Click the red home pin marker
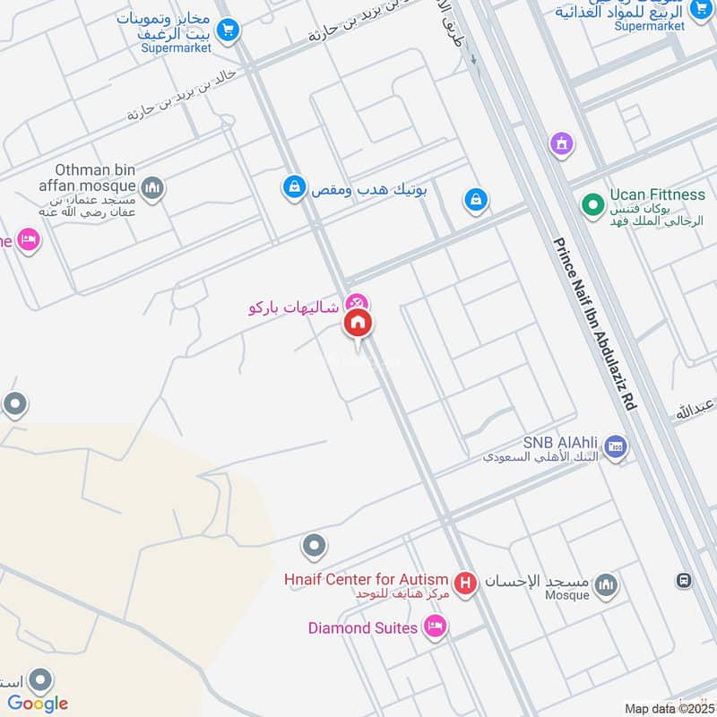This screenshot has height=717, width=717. coord(358,324)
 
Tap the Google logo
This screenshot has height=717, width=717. coord(38,703)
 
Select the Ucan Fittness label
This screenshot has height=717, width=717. coord(657,194)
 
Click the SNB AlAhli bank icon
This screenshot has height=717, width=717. coord(616,446)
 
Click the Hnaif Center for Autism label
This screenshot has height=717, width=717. coord(368,580)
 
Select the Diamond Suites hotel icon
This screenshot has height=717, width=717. coord(436,626)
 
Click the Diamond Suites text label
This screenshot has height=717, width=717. coord(363,628)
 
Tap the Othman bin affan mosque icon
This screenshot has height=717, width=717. coord(152,187)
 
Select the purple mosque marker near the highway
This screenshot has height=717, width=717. coord(562,143)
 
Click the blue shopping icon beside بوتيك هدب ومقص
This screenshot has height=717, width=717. coord(292,187)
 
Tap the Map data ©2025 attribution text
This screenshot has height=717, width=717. coord(668,709)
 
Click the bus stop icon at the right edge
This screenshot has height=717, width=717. coord(684,580)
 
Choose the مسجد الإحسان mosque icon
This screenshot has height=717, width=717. coord(607,584)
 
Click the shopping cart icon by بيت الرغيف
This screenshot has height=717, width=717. coord(228,30)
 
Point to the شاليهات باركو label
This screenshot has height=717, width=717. coord(294,307)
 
